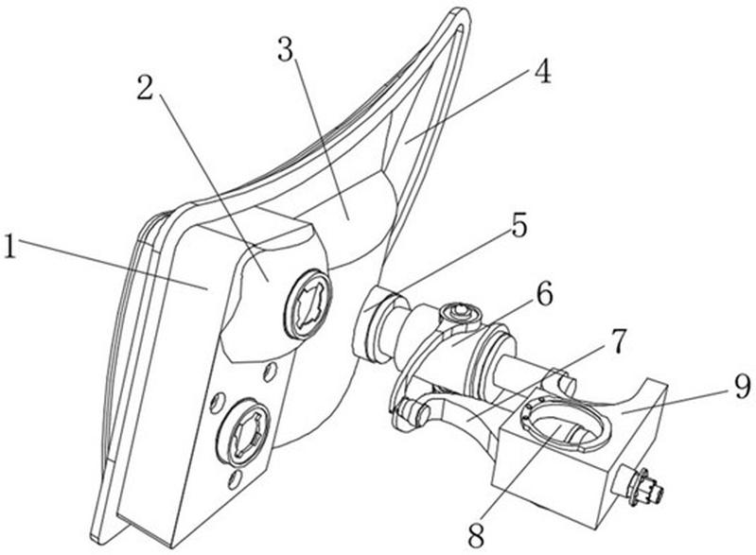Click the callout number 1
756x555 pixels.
tap(10, 246)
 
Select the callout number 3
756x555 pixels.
tap(287, 49)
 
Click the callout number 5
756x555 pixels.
tap(519, 224)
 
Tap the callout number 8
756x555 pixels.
tap(476, 536)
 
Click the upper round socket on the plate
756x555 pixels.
tap(308, 304)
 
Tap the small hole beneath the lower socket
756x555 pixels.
tap(235, 479)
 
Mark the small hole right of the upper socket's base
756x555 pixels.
tap(271, 371)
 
